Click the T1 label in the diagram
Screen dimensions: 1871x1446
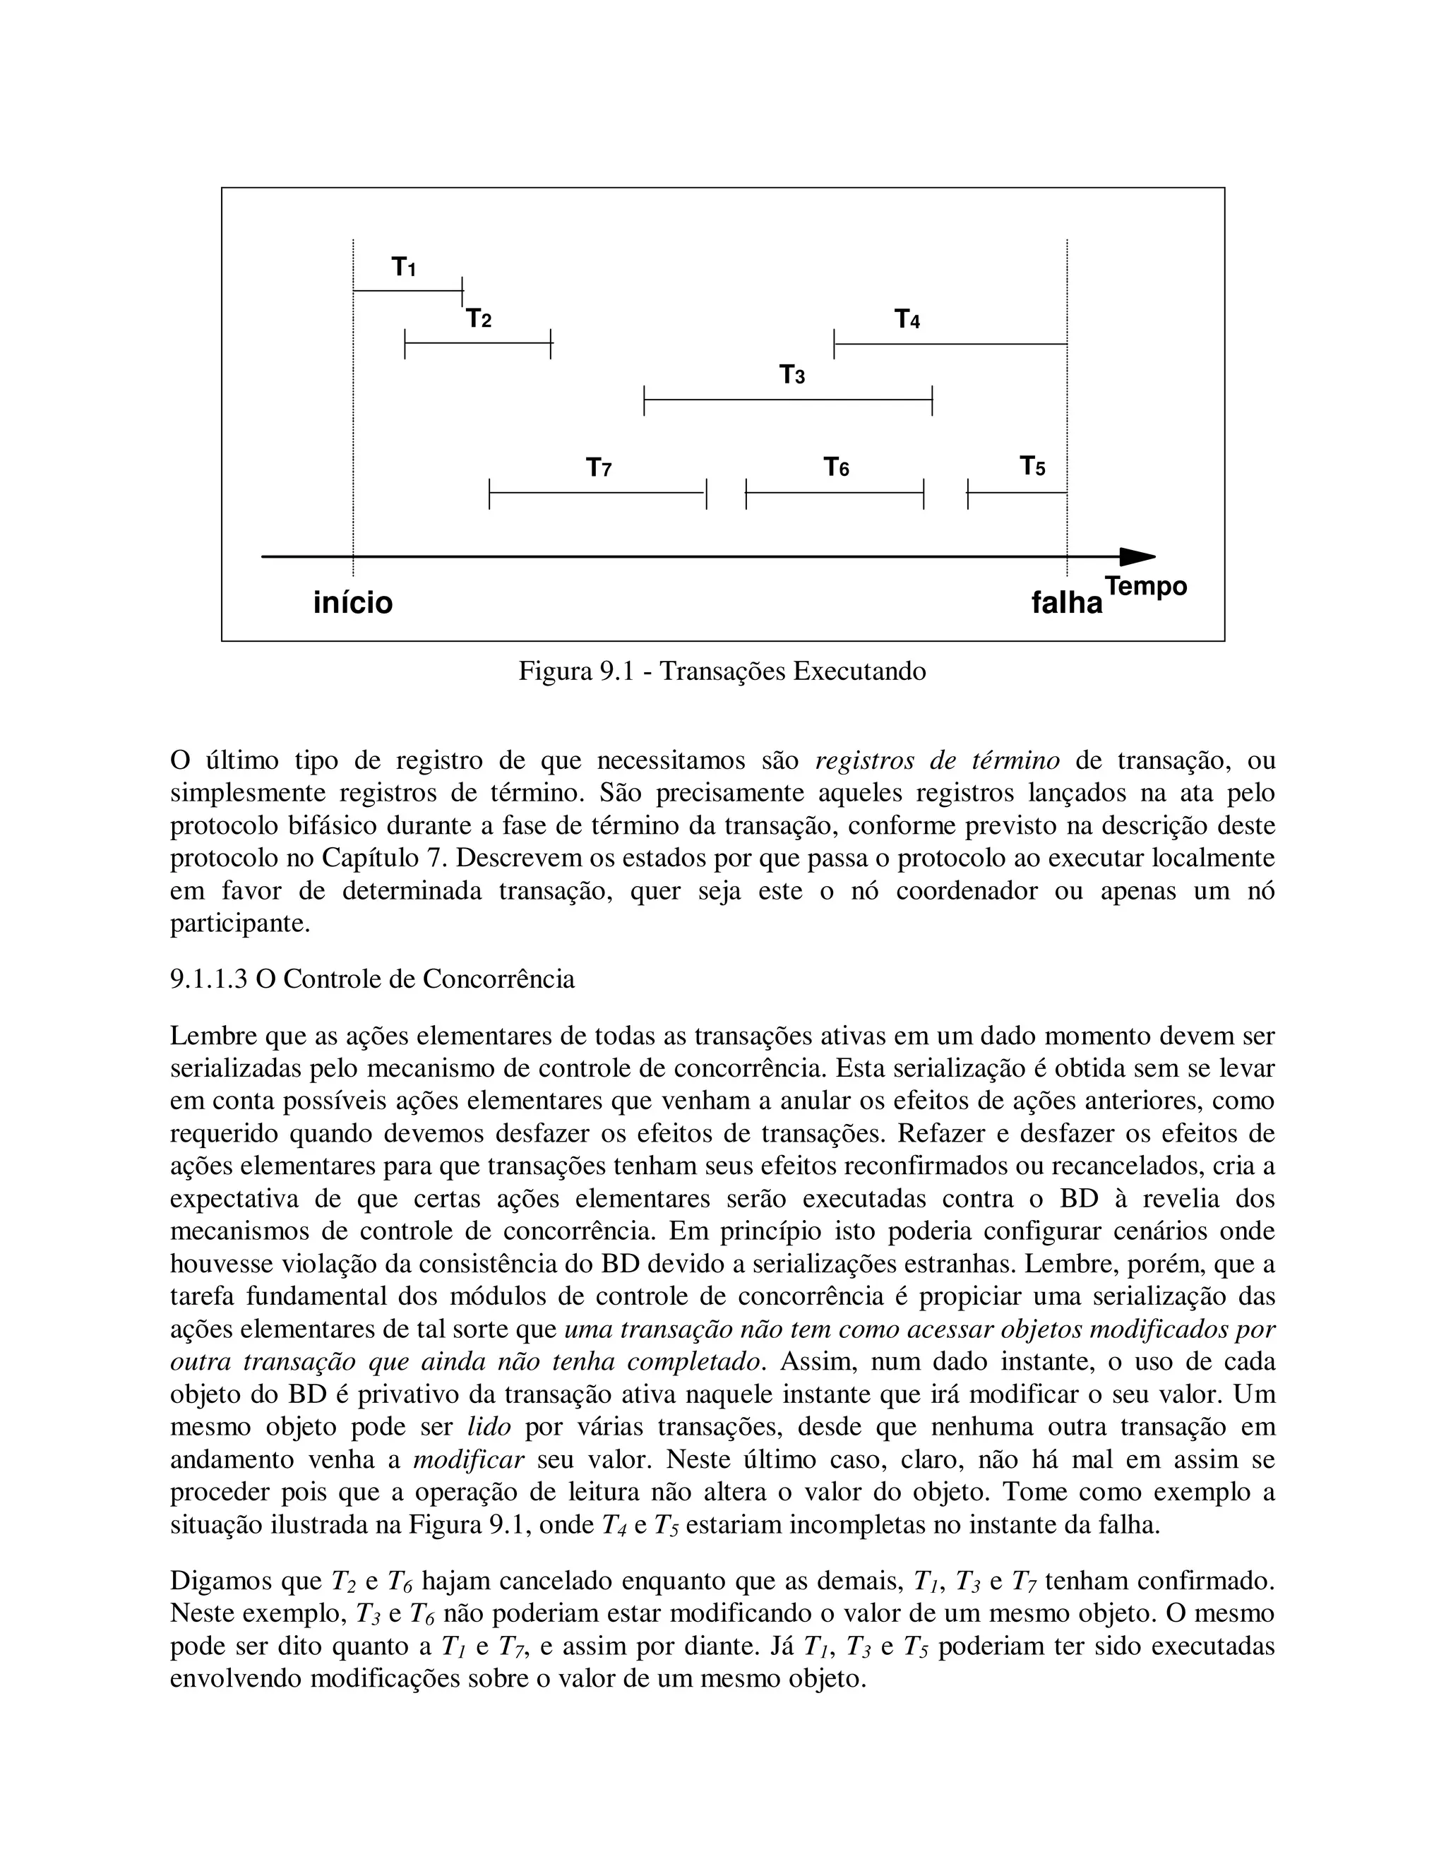[x=403, y=268]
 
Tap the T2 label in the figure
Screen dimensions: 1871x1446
[x=479, y=320]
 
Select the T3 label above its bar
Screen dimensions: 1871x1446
[x=791, y=375]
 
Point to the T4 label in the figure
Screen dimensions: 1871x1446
[x=907, y=320]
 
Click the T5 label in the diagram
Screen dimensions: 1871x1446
[x=1032, y=467]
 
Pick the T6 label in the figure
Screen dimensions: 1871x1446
[x=836, y=467]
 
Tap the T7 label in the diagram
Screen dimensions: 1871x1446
[x=598, y=467]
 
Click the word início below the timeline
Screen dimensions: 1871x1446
[x=353, y=602]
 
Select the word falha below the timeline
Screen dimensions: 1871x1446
[x=1067, y=603]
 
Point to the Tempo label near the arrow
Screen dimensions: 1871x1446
[x=1145, y=587]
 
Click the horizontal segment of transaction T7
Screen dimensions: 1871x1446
[x=597, y=494]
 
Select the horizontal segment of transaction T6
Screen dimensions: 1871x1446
[x=835, y=494]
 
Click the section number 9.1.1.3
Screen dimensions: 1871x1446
[x=208, y=979]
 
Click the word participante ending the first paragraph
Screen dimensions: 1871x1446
[x=240, y=923]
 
